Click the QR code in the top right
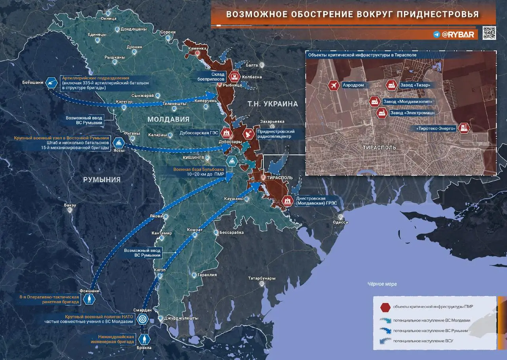coord(489,33)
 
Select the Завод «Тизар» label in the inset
coord(415,85)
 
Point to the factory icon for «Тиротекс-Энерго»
coord(464,128)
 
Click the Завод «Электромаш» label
coord(413,113)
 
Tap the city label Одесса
coord(340,222)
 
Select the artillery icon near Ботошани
coord(52,82)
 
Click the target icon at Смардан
coord(141,319)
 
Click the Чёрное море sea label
coord(381,284)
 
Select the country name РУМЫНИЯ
coord(101,179)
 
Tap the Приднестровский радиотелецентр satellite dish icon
coord(249,134)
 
